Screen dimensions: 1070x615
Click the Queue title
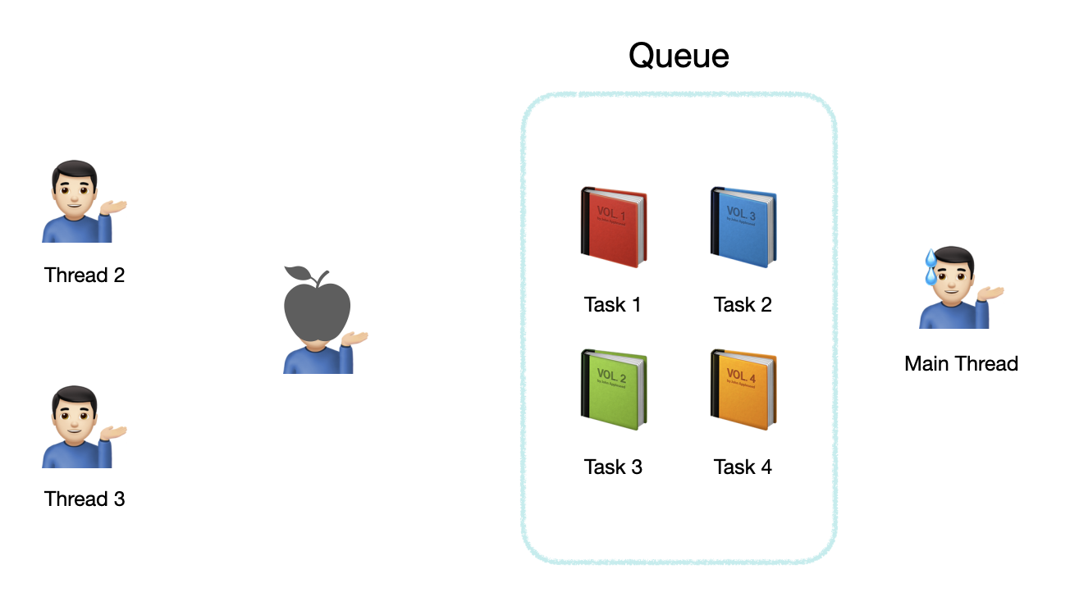tap(679, 56)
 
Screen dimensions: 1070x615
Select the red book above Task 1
tap(613, 227)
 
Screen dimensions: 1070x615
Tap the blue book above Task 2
tap(743, 227)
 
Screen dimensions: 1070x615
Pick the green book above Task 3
tap(613, 389)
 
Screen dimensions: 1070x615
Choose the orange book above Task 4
tap(743, 389)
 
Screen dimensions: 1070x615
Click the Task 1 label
tap(612, 305)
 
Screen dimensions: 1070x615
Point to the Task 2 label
tap(743, 305)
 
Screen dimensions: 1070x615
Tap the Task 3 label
tap(612, 467)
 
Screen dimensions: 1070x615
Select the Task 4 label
tap(743, 467)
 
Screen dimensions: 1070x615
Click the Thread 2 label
tap(85, 276)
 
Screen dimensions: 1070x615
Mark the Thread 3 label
tap(85, 499)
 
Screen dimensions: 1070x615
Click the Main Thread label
tap(961, 364)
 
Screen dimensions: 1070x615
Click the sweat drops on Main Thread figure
tap(931, 266)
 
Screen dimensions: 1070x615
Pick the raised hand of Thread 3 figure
tap(114, 432)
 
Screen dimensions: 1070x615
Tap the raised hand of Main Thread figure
tap(991, 293)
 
